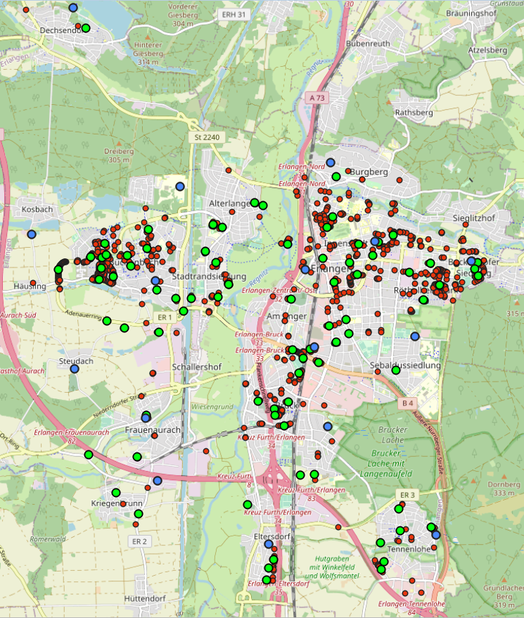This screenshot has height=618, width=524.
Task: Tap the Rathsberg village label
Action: pos(414,112)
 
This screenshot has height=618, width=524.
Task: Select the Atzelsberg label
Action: pos(487,51)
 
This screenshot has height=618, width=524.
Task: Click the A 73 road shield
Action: pos(317,99)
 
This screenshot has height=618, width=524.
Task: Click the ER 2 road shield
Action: pos(139,541)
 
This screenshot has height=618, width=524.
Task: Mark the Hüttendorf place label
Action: pos(143,598)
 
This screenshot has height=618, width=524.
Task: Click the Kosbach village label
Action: pos(37,210)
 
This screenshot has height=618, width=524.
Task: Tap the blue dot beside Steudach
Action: pos(75,368)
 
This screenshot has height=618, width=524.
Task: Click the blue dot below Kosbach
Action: pos(31,234)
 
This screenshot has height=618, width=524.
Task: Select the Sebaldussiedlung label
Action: pos(405,365)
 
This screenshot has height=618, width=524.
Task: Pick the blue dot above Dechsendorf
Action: pos(74,8)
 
